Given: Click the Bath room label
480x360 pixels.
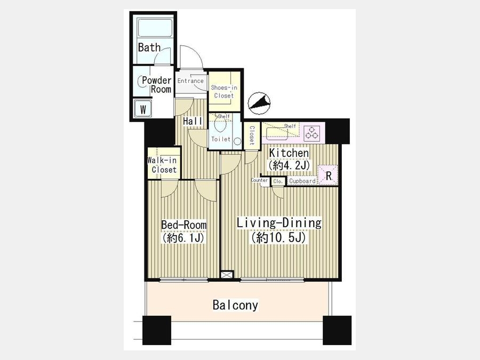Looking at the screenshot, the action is pyautogui.click(x=149, y=47).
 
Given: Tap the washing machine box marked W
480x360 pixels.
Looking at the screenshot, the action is pyautogui.click(x=143, y=108).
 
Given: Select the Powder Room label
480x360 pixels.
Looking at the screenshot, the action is pyautogui.click(x=157, y=85).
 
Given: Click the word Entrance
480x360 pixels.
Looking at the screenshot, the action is pyautogui.click(x=190, y=81).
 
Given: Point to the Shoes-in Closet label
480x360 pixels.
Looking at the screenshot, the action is pyautogui.click(x=224, y=92).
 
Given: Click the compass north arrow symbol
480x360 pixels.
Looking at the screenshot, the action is pyautogui.click(x=259, y=103).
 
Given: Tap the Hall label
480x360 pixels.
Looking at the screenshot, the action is pyautogui.click(x=193, y=121).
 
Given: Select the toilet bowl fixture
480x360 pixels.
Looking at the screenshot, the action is pyautogui.click(x=220, y=124).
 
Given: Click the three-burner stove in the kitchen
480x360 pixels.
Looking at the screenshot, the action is pyautogui.click(x=312, y=133).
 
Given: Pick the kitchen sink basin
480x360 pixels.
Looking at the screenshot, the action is pyautogui.click(x=277, y=134).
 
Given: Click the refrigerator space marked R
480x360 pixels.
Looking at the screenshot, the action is pyautogui.click(x=328, y=175).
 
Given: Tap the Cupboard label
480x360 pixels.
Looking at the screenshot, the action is pyautogui.click(x=302, y=181).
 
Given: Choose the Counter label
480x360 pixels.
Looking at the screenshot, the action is pyautogui.click(x=260, y=180).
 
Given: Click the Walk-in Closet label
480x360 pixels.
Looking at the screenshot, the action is pyautogui.click(x=162, y=165).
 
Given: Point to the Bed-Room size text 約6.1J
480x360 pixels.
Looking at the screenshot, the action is pyautogui.click(x=183, y=238).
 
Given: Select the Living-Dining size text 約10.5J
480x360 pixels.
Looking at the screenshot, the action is pyautogui.click(x=279, y=237).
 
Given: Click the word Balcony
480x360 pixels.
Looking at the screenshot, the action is pyautogui.click(x=235, y=305).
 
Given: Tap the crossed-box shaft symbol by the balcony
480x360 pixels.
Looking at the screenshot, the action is pyautogui.click(x=227, y=275).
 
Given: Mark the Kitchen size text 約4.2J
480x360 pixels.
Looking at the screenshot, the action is pyautogui.click(x=289, y=166).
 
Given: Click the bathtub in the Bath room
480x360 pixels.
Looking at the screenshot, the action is pyautogui.click(x=155, y=28).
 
